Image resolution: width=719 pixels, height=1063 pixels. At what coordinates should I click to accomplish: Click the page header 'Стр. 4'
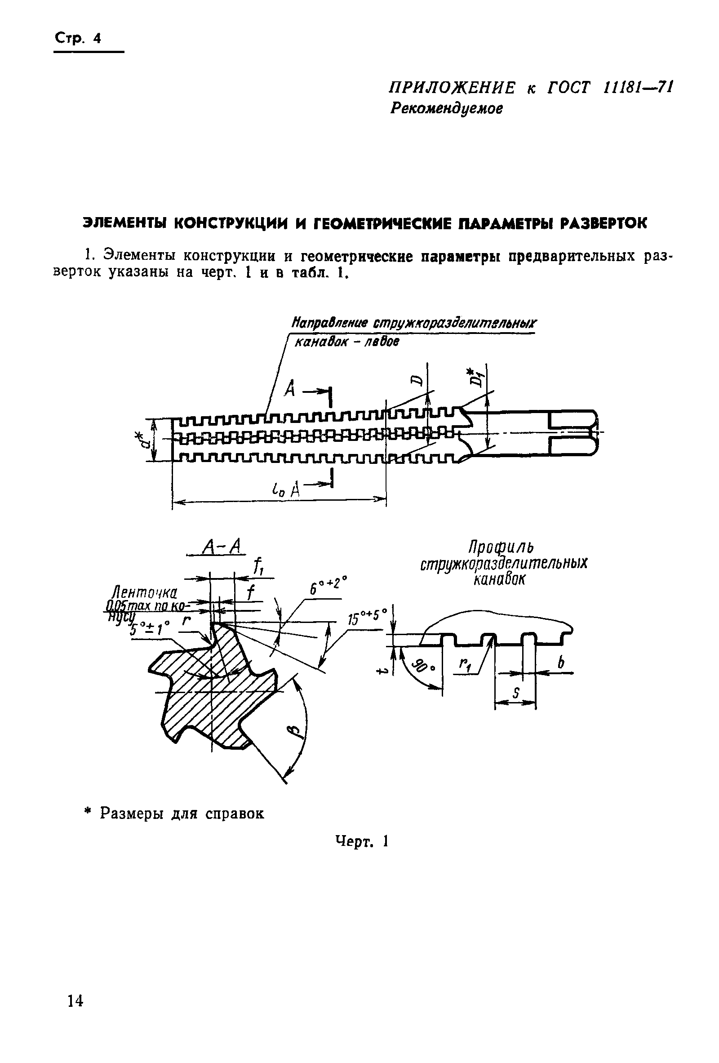(x=77, y=38)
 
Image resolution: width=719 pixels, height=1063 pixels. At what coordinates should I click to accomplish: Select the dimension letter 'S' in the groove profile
(x=515, y=694)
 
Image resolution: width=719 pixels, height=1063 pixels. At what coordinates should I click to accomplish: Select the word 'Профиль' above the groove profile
(x=502, y=547)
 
